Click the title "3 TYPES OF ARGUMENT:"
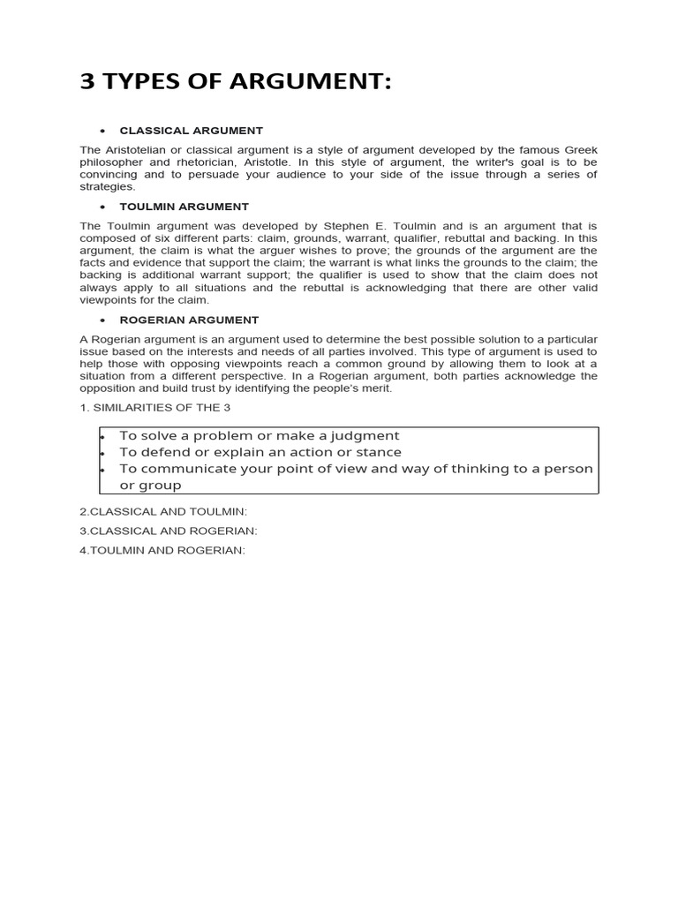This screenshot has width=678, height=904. pyautogui.click(x=235, y=82)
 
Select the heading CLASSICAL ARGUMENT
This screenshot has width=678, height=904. pyautogui.click(x=191, y=131)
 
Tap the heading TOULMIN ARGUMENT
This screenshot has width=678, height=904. pyautogui.click(x=184, y=207)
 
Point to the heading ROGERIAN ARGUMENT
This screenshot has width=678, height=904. pyautogui.click(x=189, y=320)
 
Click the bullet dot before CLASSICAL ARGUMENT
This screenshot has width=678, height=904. pyautogui.click(x=103, y=131)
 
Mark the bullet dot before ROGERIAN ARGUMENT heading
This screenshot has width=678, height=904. pyautogui.click(x=103, y=320)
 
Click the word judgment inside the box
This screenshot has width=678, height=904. pyautogui.click(x=362, y=435)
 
